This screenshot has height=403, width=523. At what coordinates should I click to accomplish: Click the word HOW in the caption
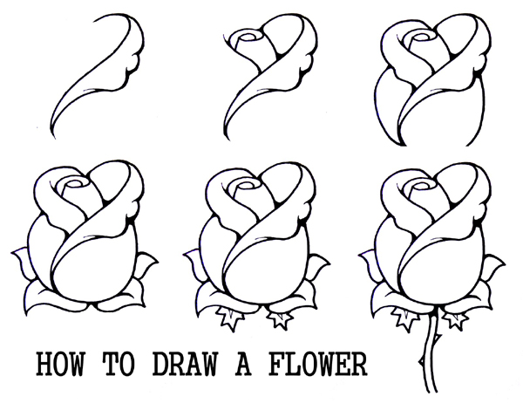60,364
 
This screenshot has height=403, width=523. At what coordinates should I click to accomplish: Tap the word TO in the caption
119,364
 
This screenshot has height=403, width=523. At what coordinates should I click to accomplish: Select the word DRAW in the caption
185,364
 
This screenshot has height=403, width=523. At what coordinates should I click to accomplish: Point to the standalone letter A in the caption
243,364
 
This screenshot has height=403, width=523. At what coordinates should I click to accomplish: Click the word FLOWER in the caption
317,364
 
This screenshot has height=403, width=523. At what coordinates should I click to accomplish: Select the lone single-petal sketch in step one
98,75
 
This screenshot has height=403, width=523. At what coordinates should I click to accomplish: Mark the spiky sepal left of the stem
405,318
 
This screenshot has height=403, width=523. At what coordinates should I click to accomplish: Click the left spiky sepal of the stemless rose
230,318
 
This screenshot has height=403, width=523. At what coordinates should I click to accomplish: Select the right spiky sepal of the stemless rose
280,320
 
